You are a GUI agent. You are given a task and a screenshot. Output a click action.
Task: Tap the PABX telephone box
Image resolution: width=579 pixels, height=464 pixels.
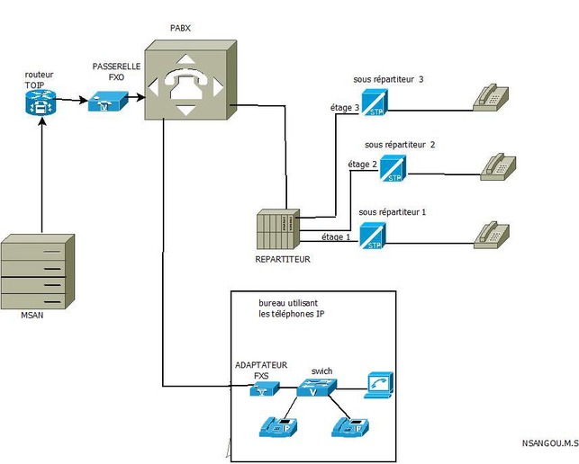click(189, 80)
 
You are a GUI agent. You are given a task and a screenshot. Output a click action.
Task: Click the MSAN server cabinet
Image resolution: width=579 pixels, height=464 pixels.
click(39, 272)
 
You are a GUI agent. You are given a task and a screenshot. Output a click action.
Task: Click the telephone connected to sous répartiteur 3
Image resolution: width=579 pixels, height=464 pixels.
click(493, 96)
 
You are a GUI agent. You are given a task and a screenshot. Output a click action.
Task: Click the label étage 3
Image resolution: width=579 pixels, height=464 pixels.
click(344, 109)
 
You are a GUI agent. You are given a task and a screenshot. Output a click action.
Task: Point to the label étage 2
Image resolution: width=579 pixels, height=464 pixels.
click(362, 164)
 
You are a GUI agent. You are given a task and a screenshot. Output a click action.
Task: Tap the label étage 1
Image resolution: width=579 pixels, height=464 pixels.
click(336, 237)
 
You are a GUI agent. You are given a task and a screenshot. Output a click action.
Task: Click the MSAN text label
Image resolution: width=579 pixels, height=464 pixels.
click(32, 316)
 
